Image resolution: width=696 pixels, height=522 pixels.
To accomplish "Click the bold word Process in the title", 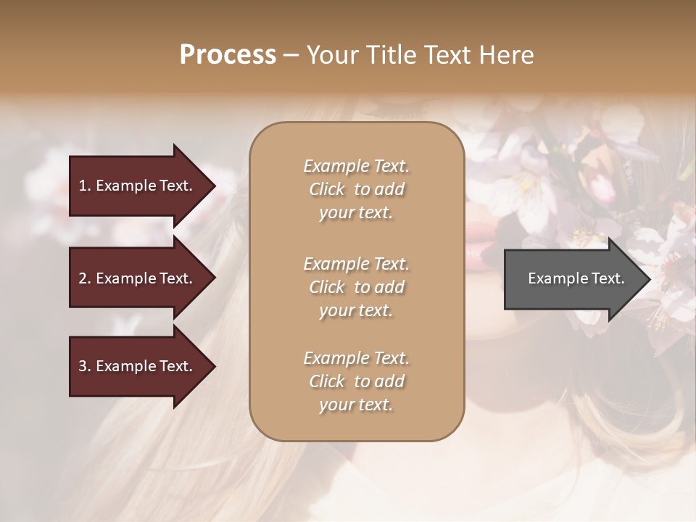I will tap(228, 55).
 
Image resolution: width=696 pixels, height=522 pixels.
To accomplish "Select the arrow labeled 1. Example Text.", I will tap(138, 186).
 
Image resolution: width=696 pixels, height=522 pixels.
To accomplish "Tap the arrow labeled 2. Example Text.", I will tap(138, 278).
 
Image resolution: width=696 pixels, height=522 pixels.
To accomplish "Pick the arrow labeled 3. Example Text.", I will tap(138, 366).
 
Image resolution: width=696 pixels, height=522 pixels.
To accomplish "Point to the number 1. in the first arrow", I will tap(85, 186).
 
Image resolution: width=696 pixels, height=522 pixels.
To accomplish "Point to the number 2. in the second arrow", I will tap(85, 278).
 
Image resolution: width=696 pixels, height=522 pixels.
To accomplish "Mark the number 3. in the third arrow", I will tap(85, 366).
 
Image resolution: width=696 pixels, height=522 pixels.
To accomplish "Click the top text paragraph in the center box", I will tap(356, 189).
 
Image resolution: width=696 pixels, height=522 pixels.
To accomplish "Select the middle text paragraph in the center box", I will tap(356, 287).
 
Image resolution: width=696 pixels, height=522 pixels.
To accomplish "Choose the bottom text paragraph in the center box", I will tap(356, 381).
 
